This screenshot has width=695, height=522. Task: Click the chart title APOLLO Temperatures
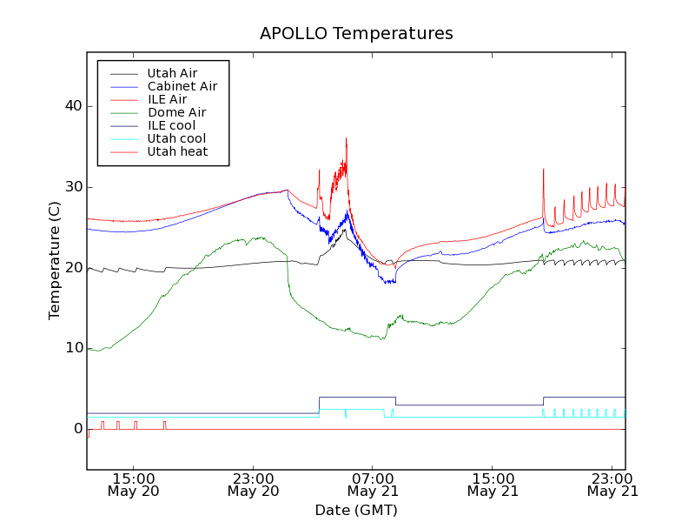(x=356, y=34)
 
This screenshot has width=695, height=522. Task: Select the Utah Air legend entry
(x=172, y=73)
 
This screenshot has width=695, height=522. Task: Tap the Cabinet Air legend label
(x=182, y=86)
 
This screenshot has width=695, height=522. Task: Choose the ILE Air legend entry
(x=167, y=99)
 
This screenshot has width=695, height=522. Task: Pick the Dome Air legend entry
(x=176, y=112)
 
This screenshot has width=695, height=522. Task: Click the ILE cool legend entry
(x=171, y=125)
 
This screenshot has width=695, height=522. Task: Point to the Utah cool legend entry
(x=176, y=138)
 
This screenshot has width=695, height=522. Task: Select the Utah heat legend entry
(x=176, y=151)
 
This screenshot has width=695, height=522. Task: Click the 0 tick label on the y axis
(x=77, y=429)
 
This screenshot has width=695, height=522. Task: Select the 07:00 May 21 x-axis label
(x=373, y=485)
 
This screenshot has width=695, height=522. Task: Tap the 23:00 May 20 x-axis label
(x=253, y=485)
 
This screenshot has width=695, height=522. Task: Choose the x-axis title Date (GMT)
(x=356, y=510)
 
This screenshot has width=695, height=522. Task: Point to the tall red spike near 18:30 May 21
(x=544, y=170)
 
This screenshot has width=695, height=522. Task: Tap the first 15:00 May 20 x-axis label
(x=134, y=485)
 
